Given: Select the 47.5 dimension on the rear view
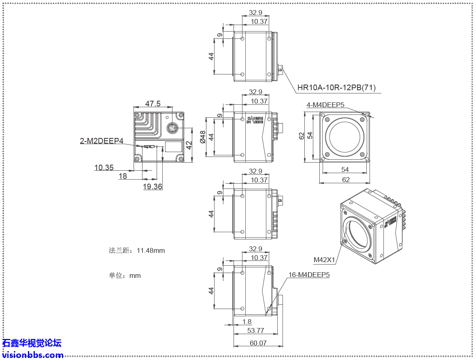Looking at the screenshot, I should coord(153,104).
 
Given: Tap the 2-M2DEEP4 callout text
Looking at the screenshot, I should coord(101,141).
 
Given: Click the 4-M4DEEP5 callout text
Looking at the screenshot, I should coord(325,105).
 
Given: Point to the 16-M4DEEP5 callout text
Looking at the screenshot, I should coord(309,275).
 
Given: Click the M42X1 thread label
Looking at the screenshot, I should coord(324,259).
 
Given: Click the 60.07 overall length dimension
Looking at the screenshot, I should coord(258,343).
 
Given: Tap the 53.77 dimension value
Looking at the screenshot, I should coord(255,330).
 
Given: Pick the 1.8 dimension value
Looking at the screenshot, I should coord(246,322).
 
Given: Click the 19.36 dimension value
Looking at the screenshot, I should coord(152,186).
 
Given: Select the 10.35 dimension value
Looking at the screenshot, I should coord(104,167).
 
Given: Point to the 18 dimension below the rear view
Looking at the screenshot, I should coord(123,176).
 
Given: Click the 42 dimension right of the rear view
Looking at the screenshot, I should coord(189,144).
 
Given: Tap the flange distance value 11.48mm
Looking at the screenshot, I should coord(151,250).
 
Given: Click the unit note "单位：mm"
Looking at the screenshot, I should coord(125,275).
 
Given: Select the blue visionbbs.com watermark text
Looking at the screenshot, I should coord(32,355).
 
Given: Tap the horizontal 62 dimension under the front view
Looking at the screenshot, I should coord(346,180).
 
